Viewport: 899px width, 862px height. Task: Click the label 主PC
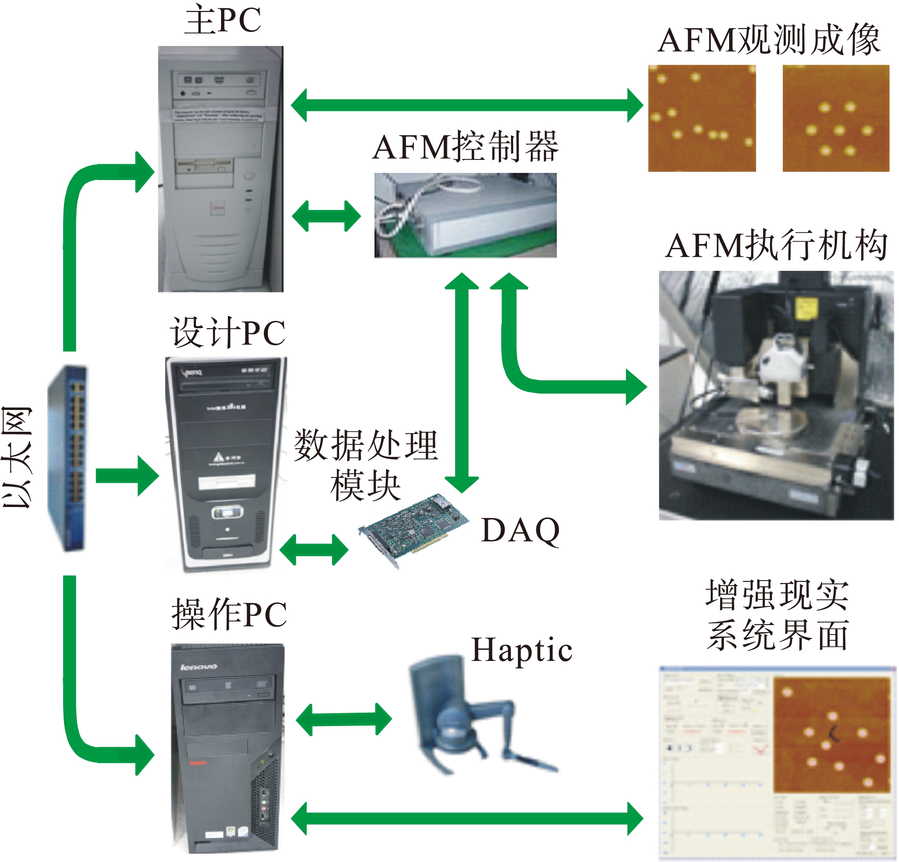[x=223, y=21]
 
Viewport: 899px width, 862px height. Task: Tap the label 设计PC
[x=228, y=332]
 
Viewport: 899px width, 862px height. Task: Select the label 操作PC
[x=229, y=614]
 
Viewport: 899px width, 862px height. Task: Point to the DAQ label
[x=520, y=530]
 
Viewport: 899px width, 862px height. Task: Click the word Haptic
[x=521, y=650]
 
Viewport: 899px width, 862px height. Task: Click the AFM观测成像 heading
[x=769, y=41]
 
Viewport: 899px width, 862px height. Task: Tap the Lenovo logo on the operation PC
[x=199, y=667]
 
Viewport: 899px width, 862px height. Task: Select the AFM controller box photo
[x=465, y=215]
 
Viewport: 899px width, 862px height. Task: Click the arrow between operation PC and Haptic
[x=344, y=719]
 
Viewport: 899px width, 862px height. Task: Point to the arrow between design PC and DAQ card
[x=314, y=549]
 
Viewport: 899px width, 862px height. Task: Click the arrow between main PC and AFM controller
[x=326, y=215]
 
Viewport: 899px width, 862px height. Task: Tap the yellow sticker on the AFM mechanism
[x=805, y=307]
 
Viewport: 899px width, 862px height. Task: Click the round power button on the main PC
[x=249, y=176]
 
